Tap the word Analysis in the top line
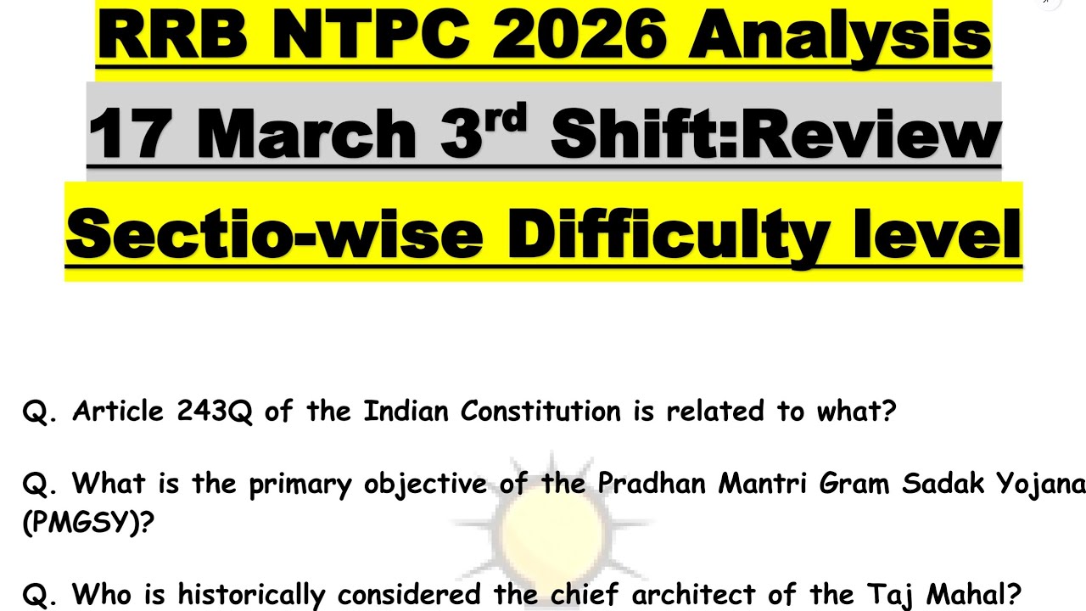click(839, 36)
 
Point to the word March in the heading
click(306, 134)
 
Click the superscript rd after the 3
click(507, 117)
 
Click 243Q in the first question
click(215, 412)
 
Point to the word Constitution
click(540, 412)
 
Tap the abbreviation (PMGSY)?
click(88, 522)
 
